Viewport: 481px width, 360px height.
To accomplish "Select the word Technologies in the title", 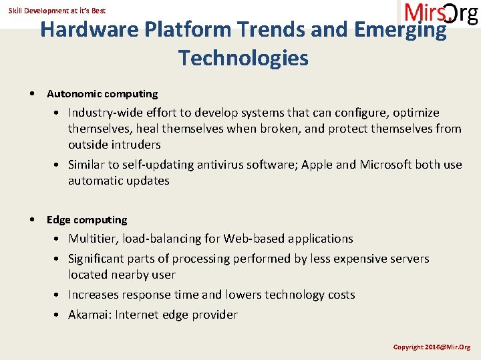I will [243, 58].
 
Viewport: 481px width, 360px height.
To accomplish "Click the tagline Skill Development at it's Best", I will [57, 11].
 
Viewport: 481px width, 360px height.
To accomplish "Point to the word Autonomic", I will [73, 94].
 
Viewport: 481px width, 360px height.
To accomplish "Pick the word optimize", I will [415, 113].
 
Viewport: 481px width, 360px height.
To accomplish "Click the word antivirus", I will [216, 165].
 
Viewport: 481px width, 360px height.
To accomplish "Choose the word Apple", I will [318, 165].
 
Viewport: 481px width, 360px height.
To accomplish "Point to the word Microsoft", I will [386, 165].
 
